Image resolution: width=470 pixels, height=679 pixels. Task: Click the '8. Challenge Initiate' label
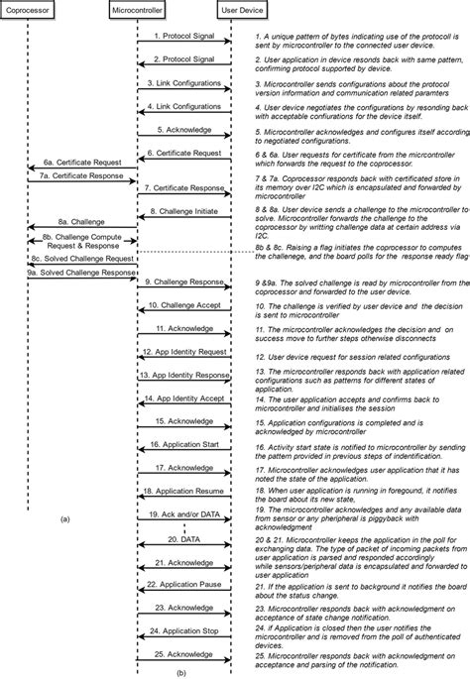(x=184, y=210)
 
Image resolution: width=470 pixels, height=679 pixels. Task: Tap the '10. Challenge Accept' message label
(x=184, y=305)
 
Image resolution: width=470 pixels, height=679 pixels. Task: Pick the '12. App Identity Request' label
(x=184, y=352)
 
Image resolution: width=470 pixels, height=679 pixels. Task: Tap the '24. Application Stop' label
(x=184, y=629)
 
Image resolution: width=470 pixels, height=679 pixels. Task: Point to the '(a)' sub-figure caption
(x=63, y=518)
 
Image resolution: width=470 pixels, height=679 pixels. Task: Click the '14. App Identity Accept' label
(x=184, y=398)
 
